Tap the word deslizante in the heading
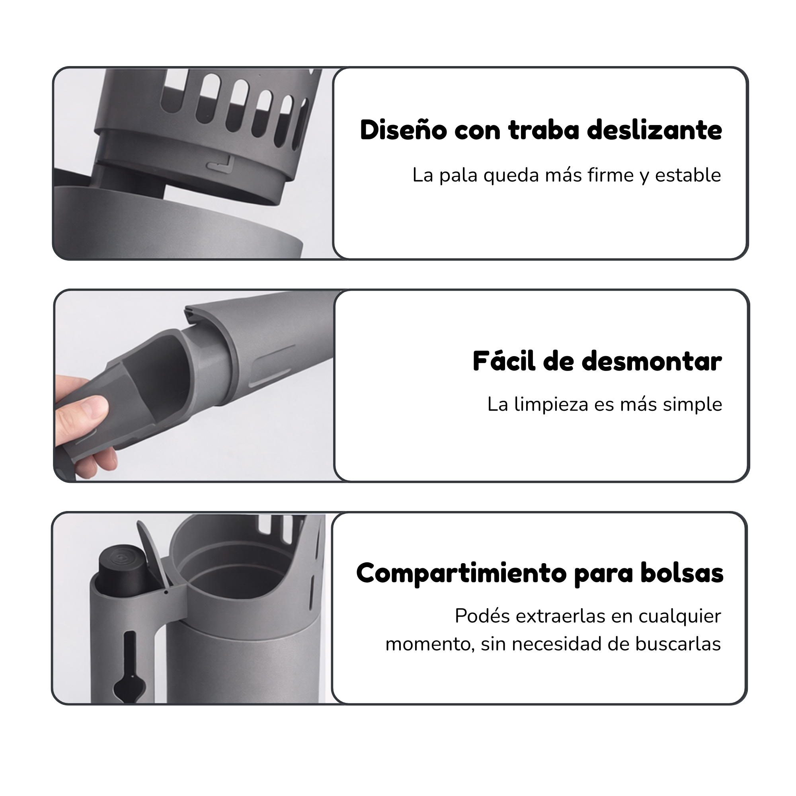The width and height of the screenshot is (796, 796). point(654,130)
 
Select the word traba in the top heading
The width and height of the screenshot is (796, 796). point(543,130)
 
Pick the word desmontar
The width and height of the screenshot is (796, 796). point(652,361)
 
